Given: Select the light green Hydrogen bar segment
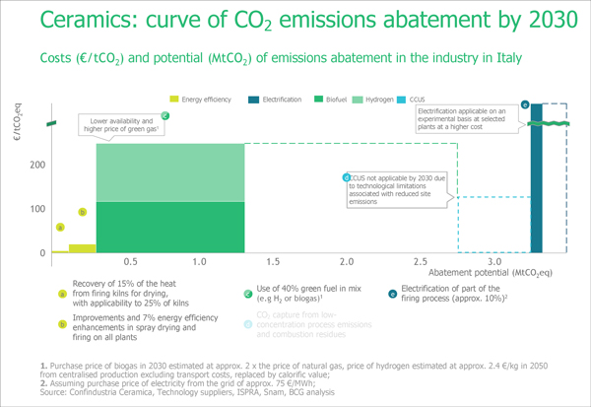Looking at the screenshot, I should pyautogui.click(x=169, y=172).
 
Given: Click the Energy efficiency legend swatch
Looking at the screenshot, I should pyautogui.click(x=174, y=99).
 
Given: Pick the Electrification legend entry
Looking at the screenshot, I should pyautogui.click(x=281, y=99).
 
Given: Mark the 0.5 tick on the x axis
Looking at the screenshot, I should pyautogui.click(x=130, y=265).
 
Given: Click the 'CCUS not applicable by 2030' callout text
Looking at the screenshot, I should pyautogui.click(x=394, y=189).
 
